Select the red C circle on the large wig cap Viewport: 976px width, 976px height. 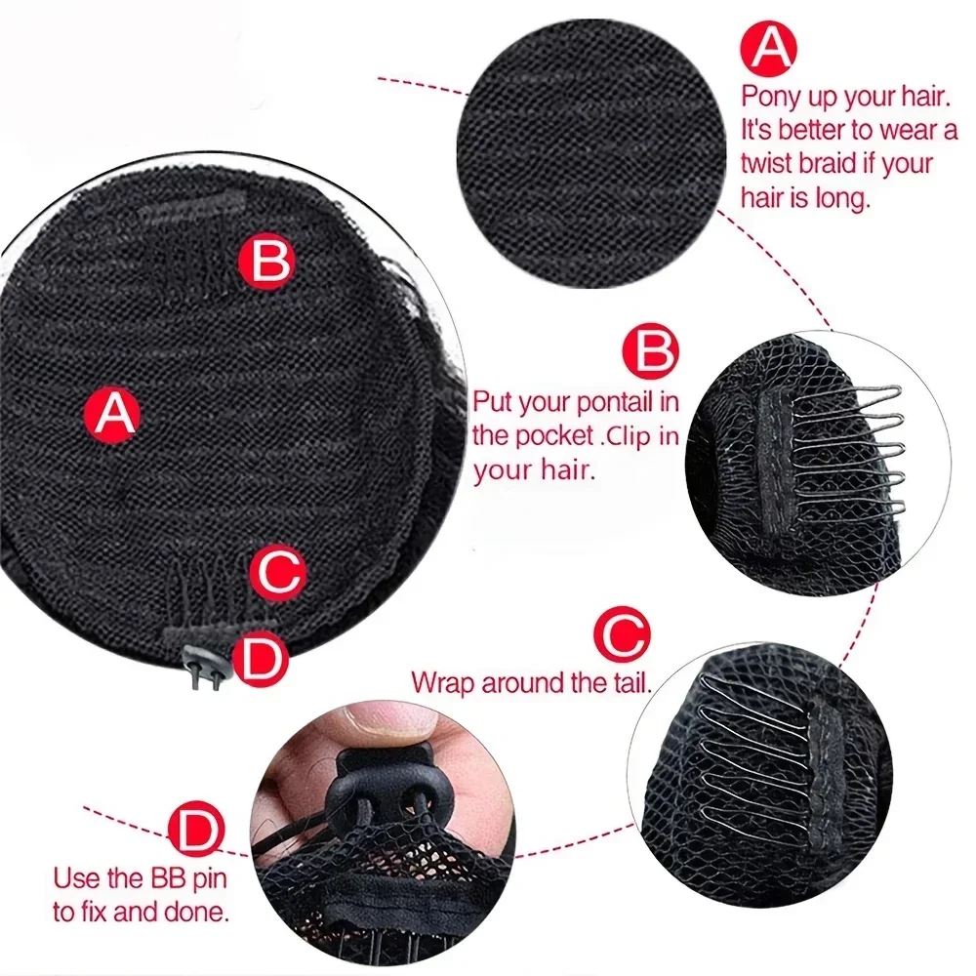click(279, 572)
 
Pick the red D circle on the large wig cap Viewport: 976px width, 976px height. click(260, 660)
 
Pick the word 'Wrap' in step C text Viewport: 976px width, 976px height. click(441, 681)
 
